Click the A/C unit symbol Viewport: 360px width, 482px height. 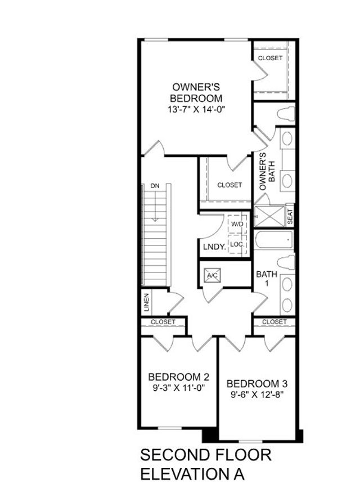click(x=213, y=275)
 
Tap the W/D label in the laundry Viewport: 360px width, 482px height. click(x=237, y=224)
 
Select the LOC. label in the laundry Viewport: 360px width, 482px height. click(x=237, y=244)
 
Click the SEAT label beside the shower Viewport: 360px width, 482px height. click(x=290, y=217)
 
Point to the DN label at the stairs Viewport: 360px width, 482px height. click(x=155, y=186)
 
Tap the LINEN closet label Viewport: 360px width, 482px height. click(x=146, y=302)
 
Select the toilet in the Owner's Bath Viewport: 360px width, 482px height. click(x=286, y=113)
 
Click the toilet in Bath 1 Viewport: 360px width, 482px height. click(x=286, y=263)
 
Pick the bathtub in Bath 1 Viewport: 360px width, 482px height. click(x=273, y=241)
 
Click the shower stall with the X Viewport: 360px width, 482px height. click(x=269, y=216)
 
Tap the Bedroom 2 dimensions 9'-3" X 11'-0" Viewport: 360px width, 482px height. click(x=179, y=387)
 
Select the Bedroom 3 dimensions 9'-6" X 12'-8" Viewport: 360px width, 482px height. click(x=257, y=394)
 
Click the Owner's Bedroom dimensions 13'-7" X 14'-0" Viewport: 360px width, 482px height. click(x=196, y=109)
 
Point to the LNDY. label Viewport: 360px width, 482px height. click(x=214, y=247)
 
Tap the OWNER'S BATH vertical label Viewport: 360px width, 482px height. click(x=267, y=172)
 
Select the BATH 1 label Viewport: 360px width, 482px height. click(x=267, y=278)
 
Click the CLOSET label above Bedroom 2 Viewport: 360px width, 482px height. click(x=163, y=322)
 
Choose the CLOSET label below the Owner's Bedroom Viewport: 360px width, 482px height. click(x=229, y=185)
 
